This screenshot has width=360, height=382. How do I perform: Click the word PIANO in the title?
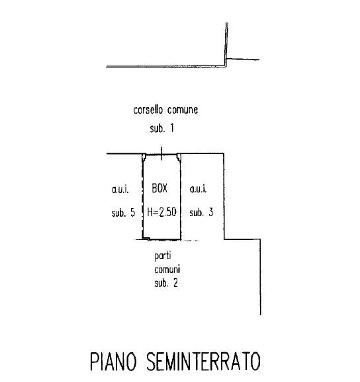pos(113,362)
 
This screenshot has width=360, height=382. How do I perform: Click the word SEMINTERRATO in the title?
pos(203,362)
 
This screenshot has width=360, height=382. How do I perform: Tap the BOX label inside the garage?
pos(159,188)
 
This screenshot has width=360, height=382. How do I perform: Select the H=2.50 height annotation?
pos(161,211)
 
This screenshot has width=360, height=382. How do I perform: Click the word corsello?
pos(148,110)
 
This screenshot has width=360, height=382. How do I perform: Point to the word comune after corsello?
pos(183,110)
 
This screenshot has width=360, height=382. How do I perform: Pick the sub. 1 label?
pos(162,128)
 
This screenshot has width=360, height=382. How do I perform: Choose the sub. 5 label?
pos(123,213)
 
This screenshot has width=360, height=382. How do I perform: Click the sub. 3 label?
pos(201,212)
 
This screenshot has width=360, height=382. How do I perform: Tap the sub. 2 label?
pos(166,283)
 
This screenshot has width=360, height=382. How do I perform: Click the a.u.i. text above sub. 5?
pos(120,189)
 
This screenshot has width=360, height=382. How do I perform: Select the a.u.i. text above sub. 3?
pos(198,189)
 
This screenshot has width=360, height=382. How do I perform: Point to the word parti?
pos(163,256)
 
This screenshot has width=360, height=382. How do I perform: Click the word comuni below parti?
pos(167,270)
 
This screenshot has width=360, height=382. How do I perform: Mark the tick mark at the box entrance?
pos(161,154)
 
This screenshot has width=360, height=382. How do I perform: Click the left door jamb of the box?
pos(144,157)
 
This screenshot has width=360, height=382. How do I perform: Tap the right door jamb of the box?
pos(179,157)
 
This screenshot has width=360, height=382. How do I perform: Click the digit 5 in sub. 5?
pos(132,212)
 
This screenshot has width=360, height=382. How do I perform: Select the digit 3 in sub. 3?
pos(210,212)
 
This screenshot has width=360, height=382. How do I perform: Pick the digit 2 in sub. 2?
pos(175,283)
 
